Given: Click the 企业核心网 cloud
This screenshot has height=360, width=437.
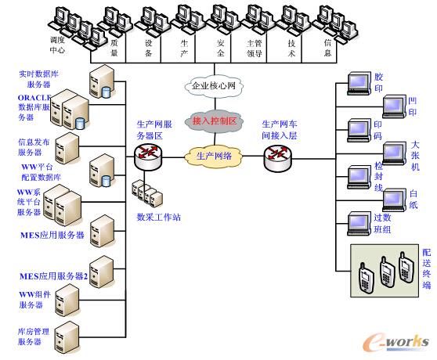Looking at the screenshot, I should (x=215, y=86).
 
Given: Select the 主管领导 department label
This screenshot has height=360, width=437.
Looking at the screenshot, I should (x=255, y=50).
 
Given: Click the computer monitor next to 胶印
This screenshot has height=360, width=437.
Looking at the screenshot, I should (x=359, y=84).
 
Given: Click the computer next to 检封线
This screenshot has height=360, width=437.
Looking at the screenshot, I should (x=359, y=177).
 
